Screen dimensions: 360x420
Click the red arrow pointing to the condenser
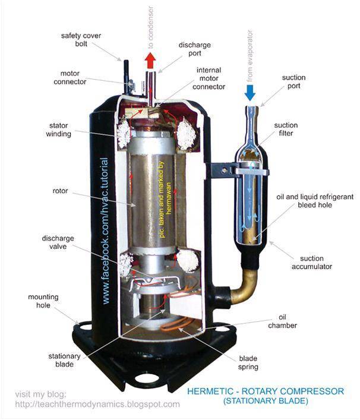coord(150,61)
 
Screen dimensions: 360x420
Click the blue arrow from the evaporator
coord(250,93)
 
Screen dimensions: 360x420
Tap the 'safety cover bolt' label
coord(81,39)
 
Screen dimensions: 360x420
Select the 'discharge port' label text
coord(195,49)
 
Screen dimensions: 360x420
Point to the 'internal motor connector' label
coord(209,78)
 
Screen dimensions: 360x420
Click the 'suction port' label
coord(293,82)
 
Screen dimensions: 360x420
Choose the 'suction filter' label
coord(286,129)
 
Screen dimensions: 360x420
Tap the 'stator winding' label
coord(58,130)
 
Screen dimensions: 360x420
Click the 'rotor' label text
coord(60,191)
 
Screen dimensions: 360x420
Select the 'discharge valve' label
coord(58,242)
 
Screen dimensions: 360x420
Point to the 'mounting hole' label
coord(43,301)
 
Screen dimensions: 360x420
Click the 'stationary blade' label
coord(64,360)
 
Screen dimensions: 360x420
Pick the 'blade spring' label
coord(248,362)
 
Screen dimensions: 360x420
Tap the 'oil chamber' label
coord(282,321)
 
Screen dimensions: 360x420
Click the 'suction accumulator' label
coord(312,262)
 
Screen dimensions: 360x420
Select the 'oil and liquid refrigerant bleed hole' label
coord(315,201)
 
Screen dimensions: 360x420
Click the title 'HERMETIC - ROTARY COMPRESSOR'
coord(266,391)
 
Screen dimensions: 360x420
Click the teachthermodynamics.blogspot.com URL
coord(97,403)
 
